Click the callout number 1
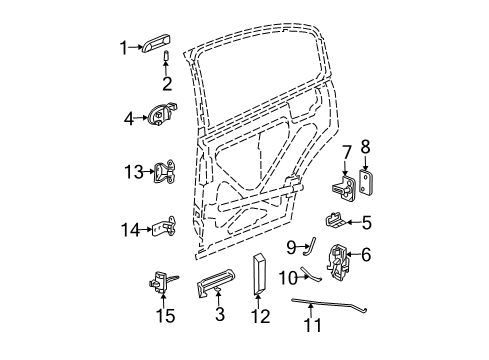click(x=124, y=46)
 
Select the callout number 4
click(x=127, y=119)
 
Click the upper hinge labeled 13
click(x=165, y=174)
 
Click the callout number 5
click(x=367, y=222)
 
